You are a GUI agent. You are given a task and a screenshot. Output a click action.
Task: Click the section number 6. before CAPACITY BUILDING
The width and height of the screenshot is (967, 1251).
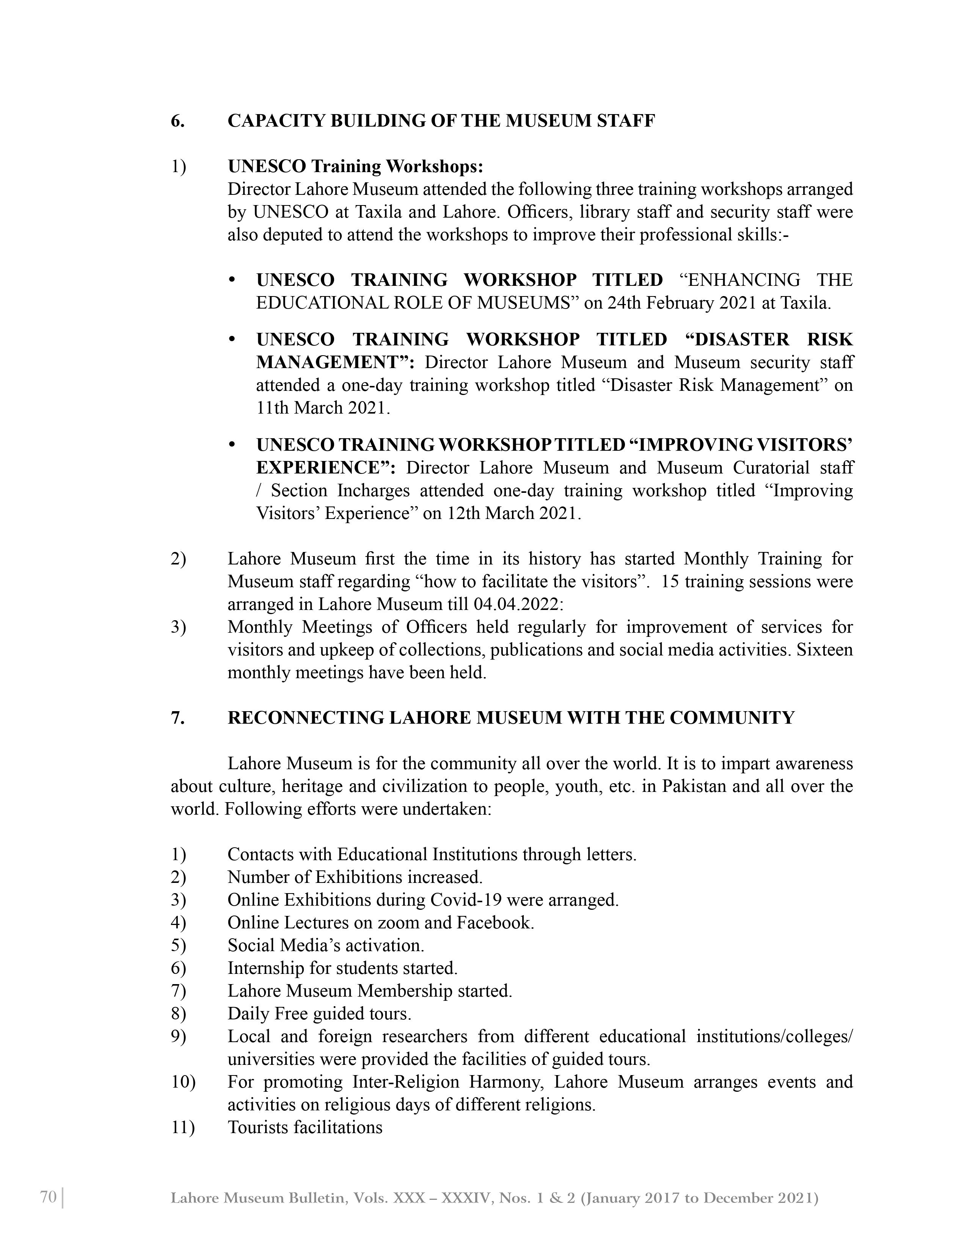coord(177,121)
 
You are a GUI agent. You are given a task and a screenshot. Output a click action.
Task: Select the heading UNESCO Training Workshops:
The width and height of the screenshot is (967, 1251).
coord(355,167)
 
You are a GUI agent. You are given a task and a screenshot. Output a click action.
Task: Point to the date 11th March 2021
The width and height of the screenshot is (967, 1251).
coord(323,408)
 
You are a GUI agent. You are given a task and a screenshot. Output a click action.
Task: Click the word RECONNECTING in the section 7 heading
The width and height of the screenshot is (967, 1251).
coord(306,718)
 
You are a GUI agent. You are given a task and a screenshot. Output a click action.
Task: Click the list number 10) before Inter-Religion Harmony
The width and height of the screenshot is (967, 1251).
coord(183,1082)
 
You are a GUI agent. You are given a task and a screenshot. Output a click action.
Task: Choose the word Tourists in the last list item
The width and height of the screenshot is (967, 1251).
coord(258,1127)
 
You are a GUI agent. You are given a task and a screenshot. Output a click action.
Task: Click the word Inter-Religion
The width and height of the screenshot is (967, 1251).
coord(406,1082)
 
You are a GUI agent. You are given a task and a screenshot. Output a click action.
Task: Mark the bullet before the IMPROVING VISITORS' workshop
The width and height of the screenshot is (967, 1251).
coord(232,445)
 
